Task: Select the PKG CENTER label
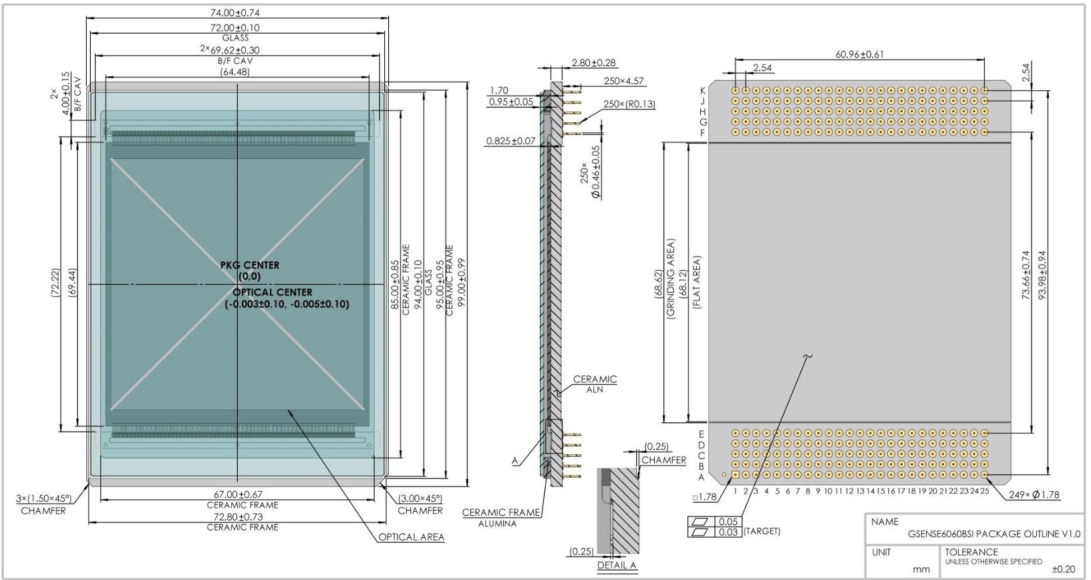[250, 265]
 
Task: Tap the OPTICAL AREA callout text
[412, 537]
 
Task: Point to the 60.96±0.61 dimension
[859, 55]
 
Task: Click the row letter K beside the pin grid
[703, 91]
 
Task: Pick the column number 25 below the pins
[985, 491]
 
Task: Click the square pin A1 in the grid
[736, 474]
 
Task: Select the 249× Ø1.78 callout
[1034, 494]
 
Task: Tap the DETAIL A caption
[617, 565]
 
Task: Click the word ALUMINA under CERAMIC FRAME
[497, 524]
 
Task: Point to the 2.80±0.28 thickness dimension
[593, 63]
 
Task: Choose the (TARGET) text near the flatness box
[762, 531]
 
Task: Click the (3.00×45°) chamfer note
[420, 498]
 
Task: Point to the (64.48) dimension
[235, 72]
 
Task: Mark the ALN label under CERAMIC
[595, 390]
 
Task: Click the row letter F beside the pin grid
[703, 133]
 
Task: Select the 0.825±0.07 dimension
[510, 141]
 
